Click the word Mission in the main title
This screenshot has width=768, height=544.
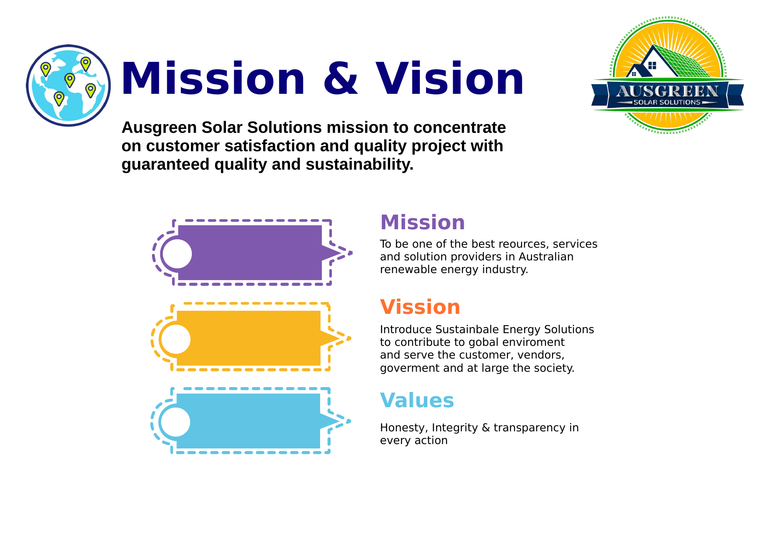[213, 79]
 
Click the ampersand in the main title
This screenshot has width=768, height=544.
[341, 79]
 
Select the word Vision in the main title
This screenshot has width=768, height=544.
[450, 79]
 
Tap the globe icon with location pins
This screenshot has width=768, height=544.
[68, 85]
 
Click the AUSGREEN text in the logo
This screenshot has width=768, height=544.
[667, 91]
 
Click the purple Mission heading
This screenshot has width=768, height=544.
[423, 222]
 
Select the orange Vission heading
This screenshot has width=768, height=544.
[420, 307]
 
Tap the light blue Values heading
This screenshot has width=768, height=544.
[417, 400]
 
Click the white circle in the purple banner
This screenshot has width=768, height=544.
[177, 254]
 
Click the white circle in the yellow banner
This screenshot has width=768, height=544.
[176, 339]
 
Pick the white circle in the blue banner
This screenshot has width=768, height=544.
[175, 422]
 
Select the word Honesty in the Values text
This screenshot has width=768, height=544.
[404, 428]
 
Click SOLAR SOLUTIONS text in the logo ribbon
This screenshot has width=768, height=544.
[667, 103]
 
